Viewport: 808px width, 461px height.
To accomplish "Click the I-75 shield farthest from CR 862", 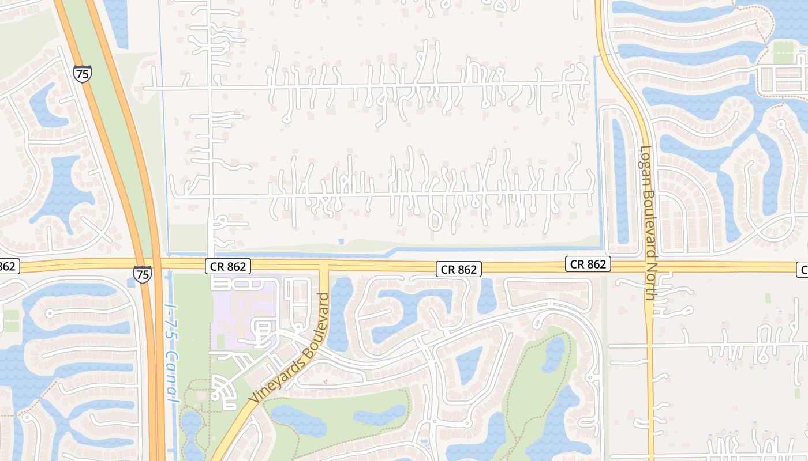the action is click(x=82, y=73).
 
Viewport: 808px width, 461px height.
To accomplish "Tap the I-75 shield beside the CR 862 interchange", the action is click(x=143, y=274).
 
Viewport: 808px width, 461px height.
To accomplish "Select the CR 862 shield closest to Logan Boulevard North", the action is click(x=588, y=264).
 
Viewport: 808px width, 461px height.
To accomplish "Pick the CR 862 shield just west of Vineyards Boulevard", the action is click(x=228, y=266).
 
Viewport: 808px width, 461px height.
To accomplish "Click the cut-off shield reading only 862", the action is click(x=8, y=266).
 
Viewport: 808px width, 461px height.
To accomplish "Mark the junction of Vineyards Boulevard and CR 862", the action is click(x=324, y=266).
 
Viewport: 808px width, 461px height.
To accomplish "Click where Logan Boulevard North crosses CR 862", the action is click(x=648, y=267).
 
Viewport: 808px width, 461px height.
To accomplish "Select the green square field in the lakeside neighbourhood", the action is click(x=783, y=52).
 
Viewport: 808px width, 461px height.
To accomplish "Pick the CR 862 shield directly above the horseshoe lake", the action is click(x=459, y=269).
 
